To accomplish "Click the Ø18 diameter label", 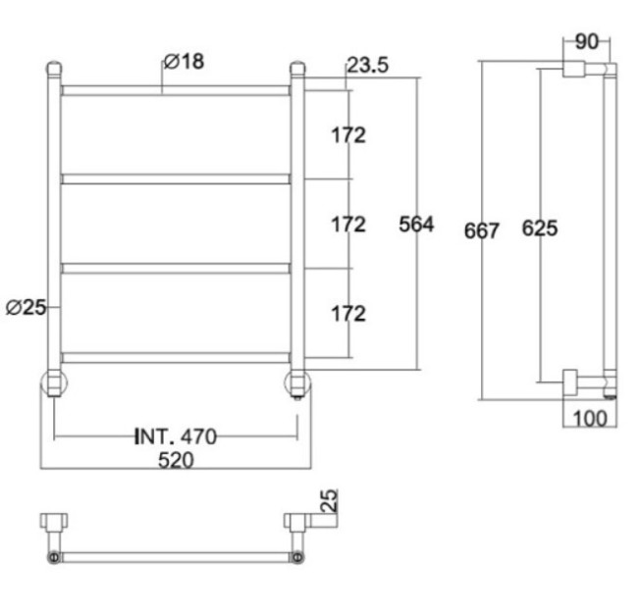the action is tap(184, 62).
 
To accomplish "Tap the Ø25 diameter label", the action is tap(27, 307).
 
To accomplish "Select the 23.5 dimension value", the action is tap(368, 65).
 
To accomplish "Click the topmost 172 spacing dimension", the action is tap(348, 135).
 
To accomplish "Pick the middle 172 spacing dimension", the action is tap(348, 225).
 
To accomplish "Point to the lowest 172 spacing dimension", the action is tap(348, 314).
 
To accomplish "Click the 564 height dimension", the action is tap(416, 225).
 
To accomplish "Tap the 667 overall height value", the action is tap(481, 231).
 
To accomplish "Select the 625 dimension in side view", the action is tap(540, 229).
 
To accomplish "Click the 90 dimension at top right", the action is tap(587, 42).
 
